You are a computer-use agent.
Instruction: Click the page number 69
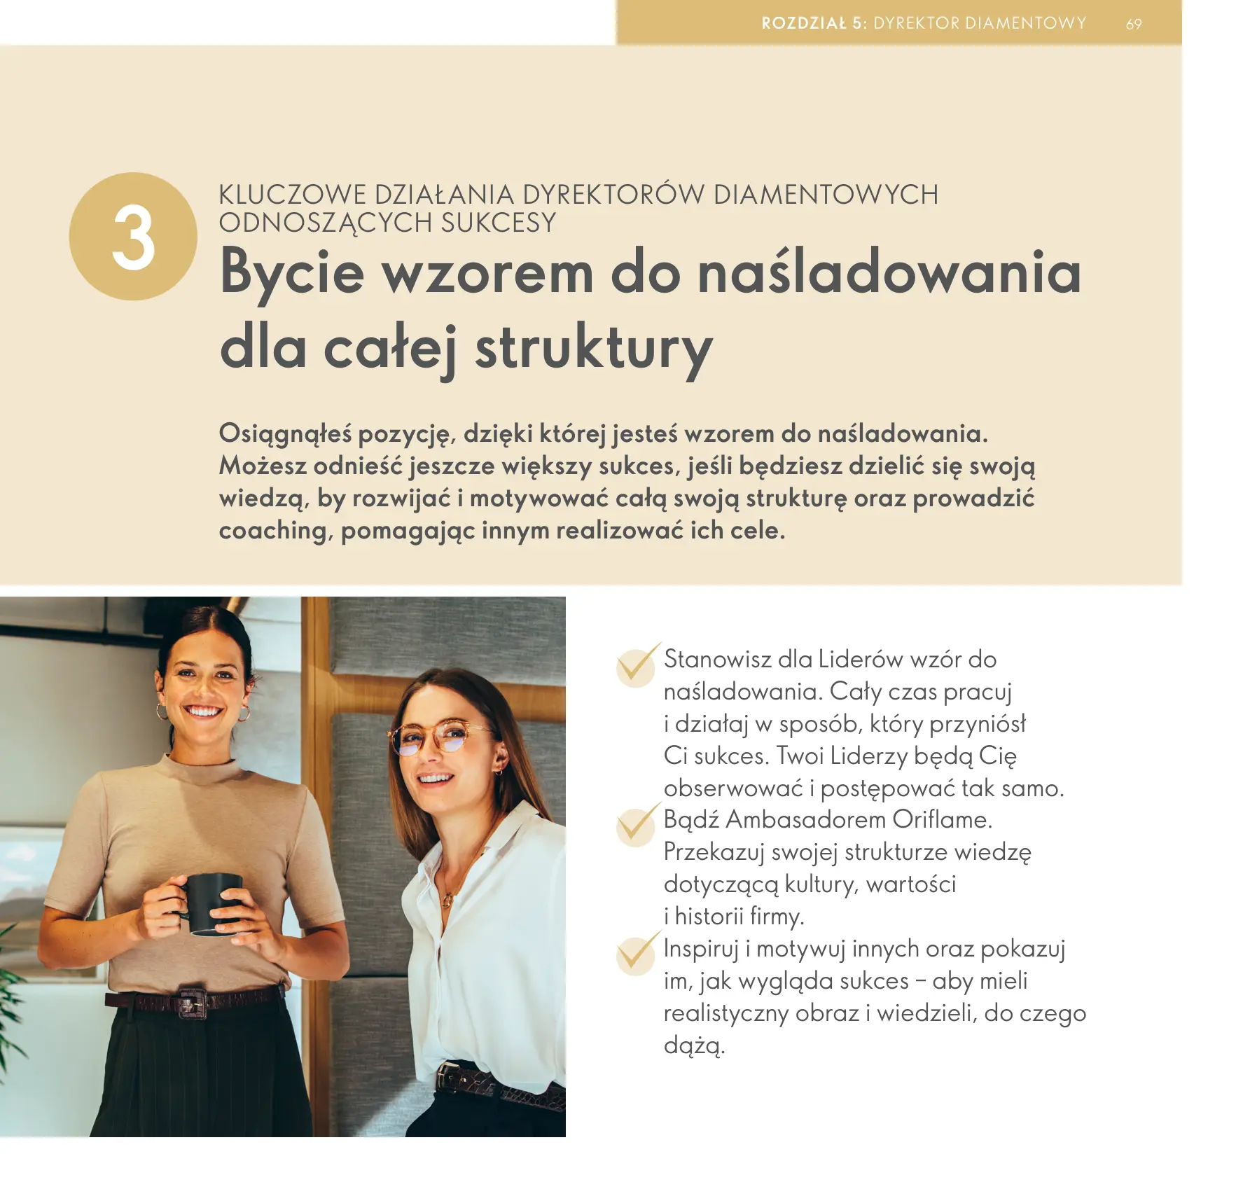[1134, 25]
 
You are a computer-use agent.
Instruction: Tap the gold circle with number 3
[133, 237]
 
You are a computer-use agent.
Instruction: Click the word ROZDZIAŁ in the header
[804, 23]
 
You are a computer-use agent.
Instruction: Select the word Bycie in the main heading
[292, 272]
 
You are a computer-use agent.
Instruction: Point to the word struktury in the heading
[594, 348]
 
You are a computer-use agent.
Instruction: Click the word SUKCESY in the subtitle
[498, 223]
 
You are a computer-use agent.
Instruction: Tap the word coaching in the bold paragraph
[272, 531]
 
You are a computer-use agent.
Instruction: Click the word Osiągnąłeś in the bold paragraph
[285, 434]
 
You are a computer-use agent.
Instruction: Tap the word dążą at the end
[693, 1045]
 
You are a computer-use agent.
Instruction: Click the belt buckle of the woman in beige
[191, 1003]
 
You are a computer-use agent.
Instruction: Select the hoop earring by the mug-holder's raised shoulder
[243, 714]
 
